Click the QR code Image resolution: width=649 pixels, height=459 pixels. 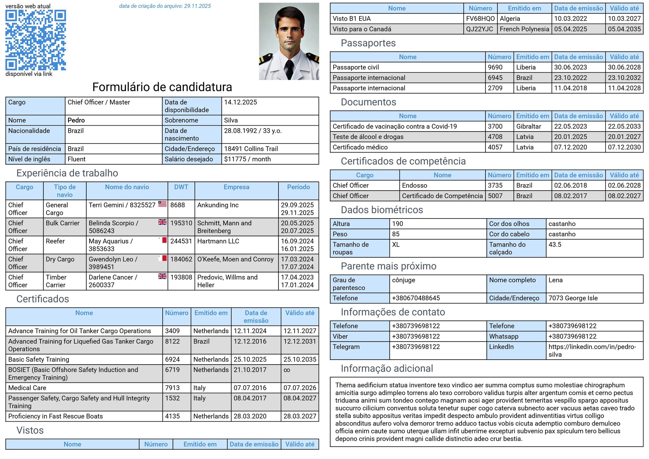(x=36, y=40)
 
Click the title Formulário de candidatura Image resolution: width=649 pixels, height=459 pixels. (x=162, y=87)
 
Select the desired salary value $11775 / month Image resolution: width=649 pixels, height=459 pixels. (x=247, y=159)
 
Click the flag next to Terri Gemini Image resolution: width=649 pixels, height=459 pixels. (x=162, y=204)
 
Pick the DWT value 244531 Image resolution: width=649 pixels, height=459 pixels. (x=181, y=241)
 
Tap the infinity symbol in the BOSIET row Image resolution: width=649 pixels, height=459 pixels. (x=287, y=370)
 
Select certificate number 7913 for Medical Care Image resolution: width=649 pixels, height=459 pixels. (x=172, y=388)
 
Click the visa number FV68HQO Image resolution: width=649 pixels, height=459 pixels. (x=480, y=19)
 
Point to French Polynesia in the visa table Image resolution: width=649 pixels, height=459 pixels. (x=524, y=29)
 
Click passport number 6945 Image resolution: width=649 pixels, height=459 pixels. (x=495, y=78)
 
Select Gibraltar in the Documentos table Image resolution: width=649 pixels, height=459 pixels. (x=529, y=126)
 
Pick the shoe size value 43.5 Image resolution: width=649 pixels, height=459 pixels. (x=555, y=244)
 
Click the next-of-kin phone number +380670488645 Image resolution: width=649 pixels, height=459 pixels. (x=416, y=298)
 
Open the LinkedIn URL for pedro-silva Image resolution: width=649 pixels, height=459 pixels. (x=592, y=351)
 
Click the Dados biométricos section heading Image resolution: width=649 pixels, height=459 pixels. (x=382, y=210)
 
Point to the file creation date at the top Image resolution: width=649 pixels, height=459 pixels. (x=165, y=6)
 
